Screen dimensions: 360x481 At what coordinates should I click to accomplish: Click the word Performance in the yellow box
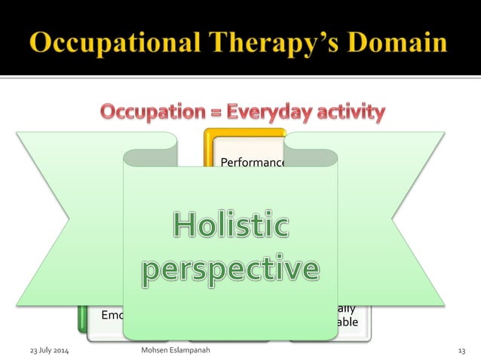pos(252,162)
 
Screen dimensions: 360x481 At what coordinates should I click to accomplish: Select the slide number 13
pos(461,351)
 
